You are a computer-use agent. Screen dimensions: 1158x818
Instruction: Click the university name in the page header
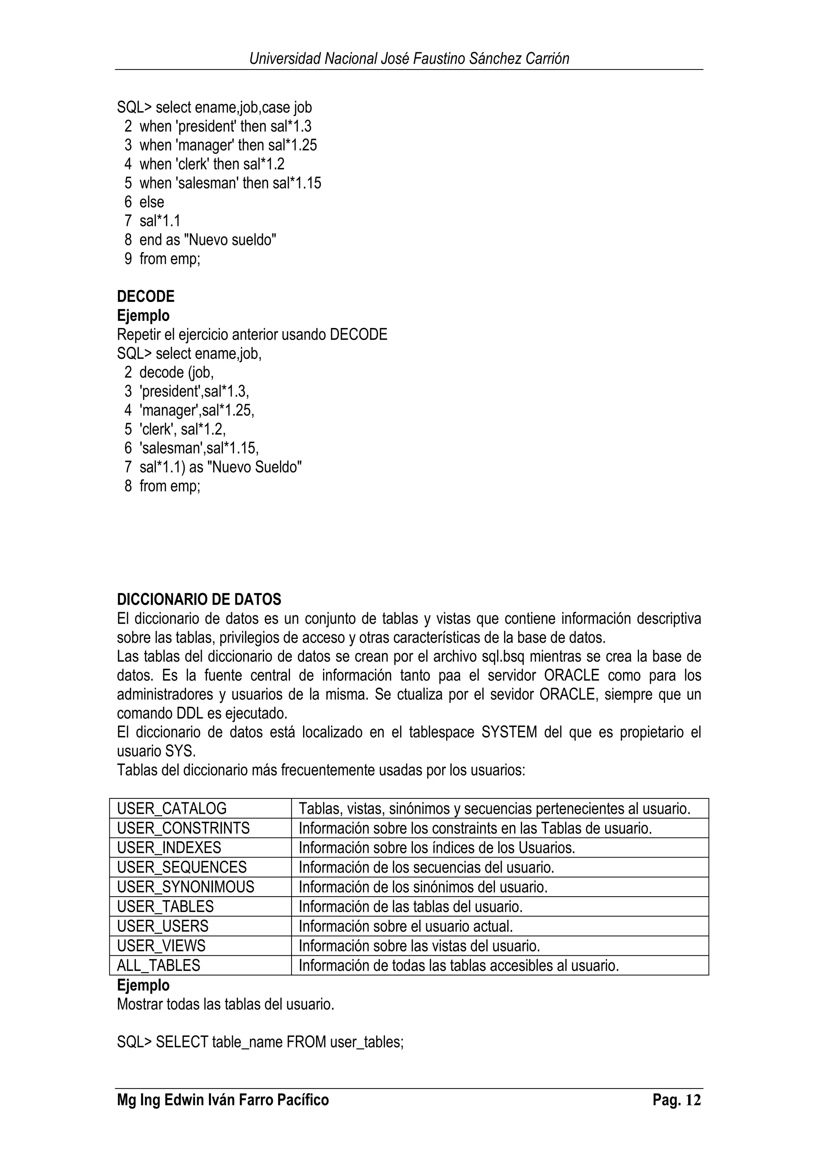coord(409,59)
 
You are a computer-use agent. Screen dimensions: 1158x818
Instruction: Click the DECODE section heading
coord(146,296)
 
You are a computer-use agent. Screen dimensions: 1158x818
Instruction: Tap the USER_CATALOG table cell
coord(172,809)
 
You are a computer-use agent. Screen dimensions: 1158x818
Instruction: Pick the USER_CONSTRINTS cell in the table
coord(183,828)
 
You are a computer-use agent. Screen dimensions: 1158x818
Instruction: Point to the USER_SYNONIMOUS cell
coord(185,887)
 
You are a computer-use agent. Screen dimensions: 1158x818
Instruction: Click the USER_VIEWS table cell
coord(161,946)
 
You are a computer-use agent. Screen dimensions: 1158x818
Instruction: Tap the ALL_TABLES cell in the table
coord(158,965)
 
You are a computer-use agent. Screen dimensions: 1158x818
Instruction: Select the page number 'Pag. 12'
coord(676,1100)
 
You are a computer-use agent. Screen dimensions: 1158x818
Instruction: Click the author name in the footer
coord(223,1100)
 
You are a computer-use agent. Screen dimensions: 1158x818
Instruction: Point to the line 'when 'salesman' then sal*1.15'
coord(230,183)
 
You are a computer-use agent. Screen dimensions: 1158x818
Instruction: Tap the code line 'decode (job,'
coord(177,373)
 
